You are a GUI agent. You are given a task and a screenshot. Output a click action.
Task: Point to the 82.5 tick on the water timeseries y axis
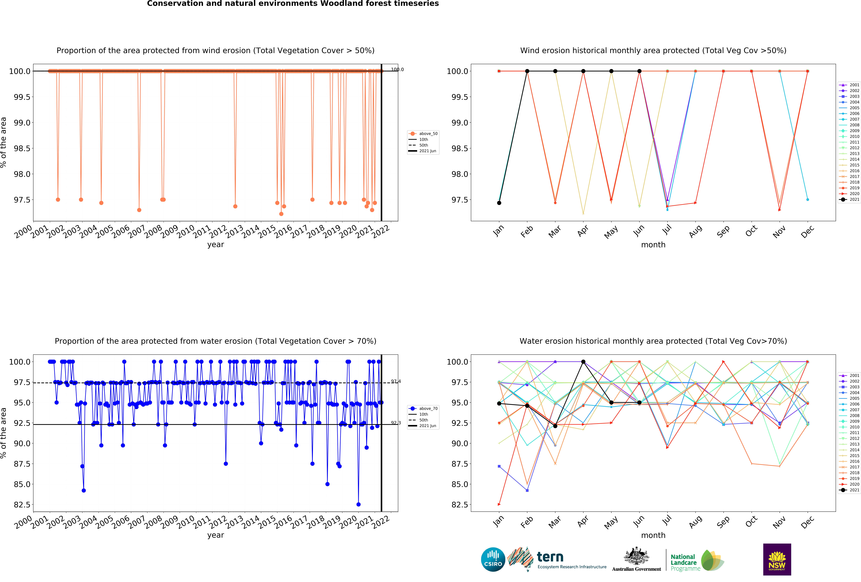tap(22, 505)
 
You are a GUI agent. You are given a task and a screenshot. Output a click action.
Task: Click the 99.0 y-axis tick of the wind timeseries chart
tap(22, 123)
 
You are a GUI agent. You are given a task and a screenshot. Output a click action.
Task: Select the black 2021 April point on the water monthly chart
tap(583, 362)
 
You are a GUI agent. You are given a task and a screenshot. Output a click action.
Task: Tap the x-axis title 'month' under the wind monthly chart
tap(653, 245)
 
